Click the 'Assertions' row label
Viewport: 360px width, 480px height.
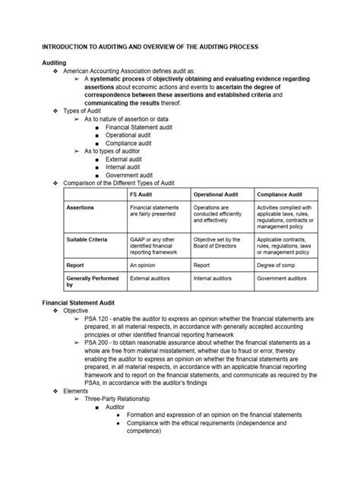tap(81, 207)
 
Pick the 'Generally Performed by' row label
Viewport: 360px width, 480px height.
tap(92, 282)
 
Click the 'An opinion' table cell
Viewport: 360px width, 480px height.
tap(144, 265)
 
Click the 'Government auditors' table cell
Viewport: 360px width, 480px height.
tap(286, 279)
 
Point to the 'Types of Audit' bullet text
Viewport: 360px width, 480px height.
tap(87, 110)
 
